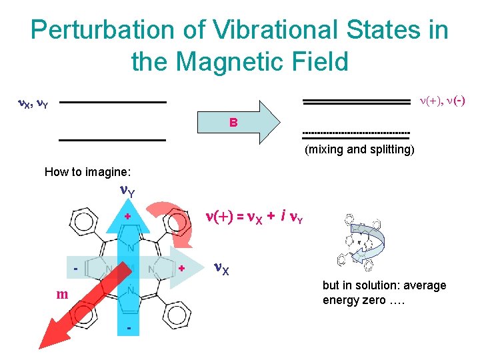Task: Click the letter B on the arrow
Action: pyautogui.click(x=233, y=123)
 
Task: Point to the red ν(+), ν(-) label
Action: pyautogui.click(x=441, y=101)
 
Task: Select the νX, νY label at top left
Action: pyautogui.click(x=31, y=103)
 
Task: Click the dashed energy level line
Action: pyautogui.click(x=356, y=133)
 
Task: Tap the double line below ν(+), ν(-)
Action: pyautogui.click(x=356, y=102)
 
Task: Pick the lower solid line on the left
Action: pyautogui.click(x=111, y=140)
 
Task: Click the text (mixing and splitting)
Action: pyautogui.click(x=359, y=149)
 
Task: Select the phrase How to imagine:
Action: pyautogui.click(x=87, y=172)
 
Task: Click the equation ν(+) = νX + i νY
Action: pyautogui.click(x=254, y=216)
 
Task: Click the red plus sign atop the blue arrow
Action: pyautogui.click(x=127, y=217)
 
